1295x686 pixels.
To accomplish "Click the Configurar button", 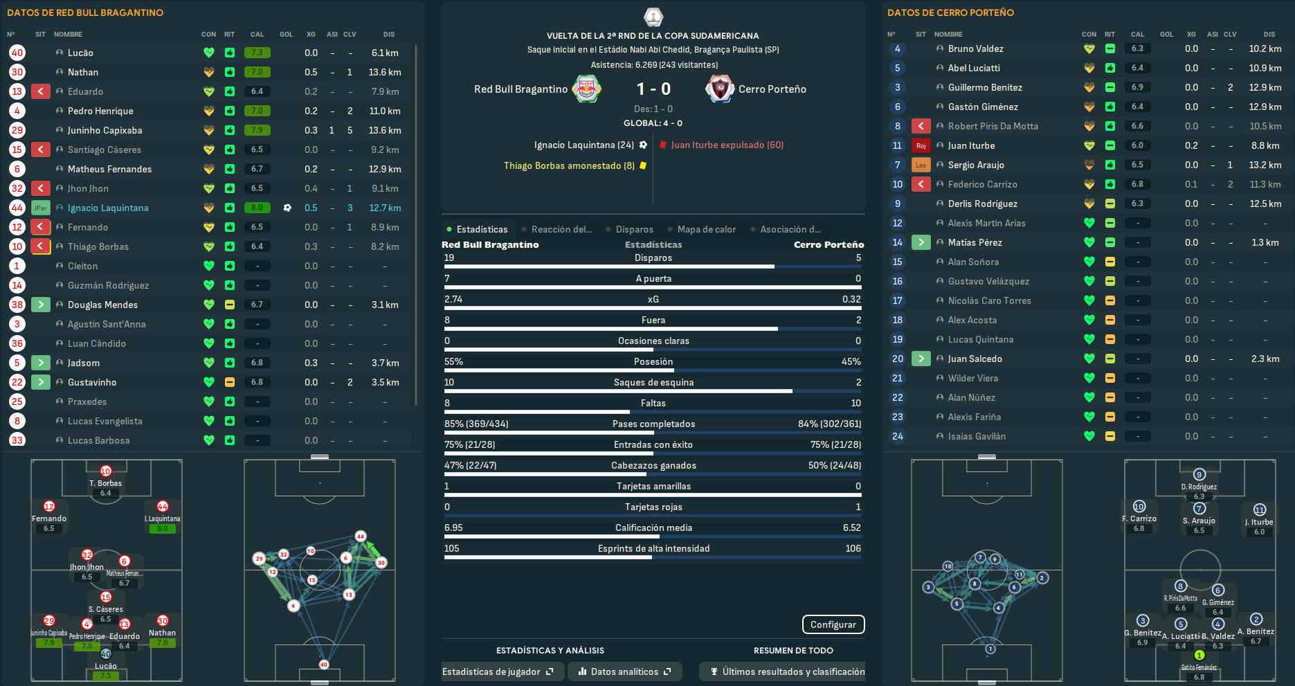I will tap(833, 624).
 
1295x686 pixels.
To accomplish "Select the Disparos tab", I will tap(634, 230).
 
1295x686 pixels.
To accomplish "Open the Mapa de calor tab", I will tap(706, 230).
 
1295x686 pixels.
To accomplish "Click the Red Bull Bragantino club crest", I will tap(587, 89).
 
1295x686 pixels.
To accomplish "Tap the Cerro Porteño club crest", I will tap(720, 89).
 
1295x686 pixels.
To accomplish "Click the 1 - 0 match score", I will tap(653, 89).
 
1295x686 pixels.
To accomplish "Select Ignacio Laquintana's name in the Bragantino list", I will tap(108, 208).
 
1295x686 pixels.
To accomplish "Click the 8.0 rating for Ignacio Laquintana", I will tap(257, 208).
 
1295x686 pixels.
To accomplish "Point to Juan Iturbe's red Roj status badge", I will tap(921, 145).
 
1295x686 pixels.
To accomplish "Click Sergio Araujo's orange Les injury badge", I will tap(921, 165).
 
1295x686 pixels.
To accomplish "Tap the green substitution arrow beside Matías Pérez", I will tap(921, 242).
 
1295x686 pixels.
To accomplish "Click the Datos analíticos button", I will tap(624, 671).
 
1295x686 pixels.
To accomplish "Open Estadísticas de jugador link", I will tap(498, 671).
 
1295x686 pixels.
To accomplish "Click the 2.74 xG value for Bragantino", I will tap(453, 299).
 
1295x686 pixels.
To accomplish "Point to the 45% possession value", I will tap(851, 361).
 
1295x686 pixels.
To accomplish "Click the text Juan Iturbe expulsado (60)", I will tap(727, 145).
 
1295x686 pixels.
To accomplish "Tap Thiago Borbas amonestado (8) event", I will tap(569, 165).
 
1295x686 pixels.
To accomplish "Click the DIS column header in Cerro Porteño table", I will tap(1269, 34).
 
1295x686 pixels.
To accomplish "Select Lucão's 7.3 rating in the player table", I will tap(257, 53).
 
